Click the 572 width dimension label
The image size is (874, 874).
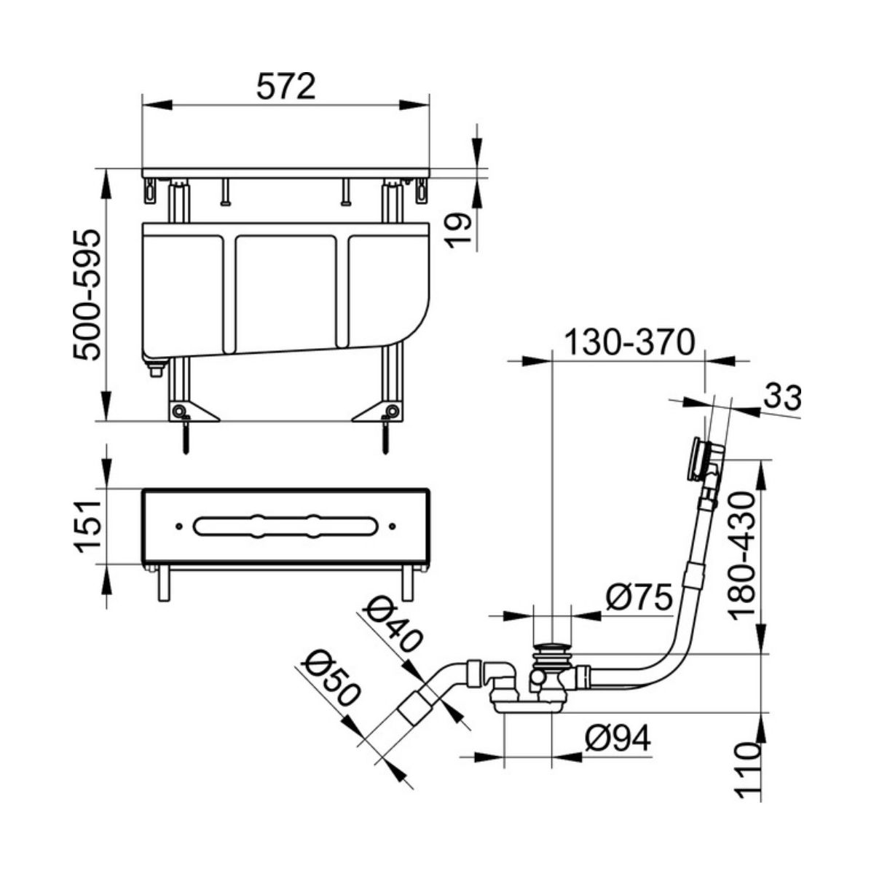[286, 86]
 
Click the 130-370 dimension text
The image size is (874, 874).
[631, 343]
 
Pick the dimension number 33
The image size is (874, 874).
[783, 398]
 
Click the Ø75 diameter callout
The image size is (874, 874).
[639, 597]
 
